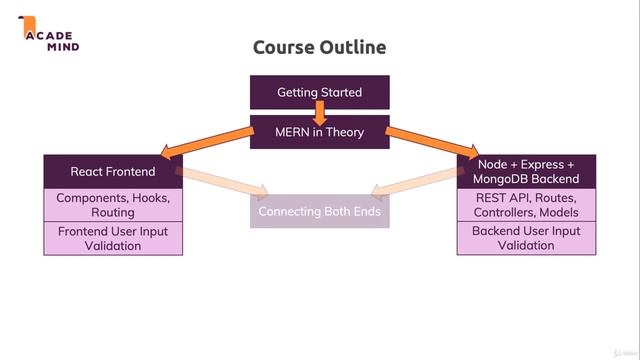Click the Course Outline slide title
coord(319,47)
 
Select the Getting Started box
coord(319,93)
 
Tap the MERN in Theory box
coord(319,132)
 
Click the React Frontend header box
coord(113,172)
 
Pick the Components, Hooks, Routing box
coord(113,205)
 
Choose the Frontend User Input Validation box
coord(113,238)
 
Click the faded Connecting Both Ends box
coord(319,212)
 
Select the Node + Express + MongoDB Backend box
coord(526,172)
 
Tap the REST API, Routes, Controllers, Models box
coord(526,205)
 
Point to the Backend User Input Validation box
coord(526,238)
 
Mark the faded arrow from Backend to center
coord(415,181)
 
